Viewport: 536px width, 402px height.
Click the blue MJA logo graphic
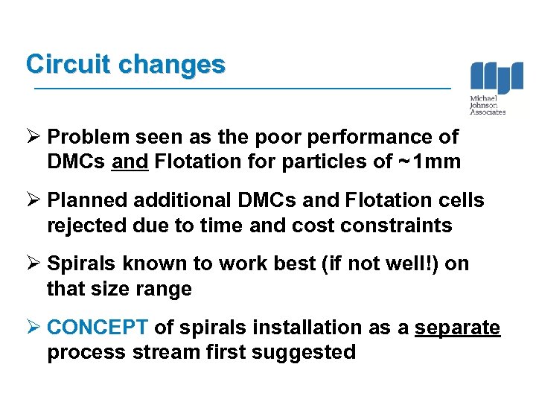pos(496,78)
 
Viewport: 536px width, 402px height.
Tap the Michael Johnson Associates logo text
pos(488,105)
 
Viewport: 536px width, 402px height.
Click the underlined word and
pos(130,162)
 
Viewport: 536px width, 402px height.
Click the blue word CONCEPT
pos(98,328)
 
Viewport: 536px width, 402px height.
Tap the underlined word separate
pos(457,328)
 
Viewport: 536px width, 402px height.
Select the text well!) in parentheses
pos(403,264)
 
